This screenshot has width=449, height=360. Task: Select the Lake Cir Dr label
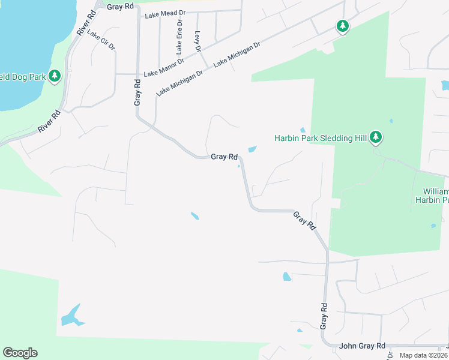pos(101,40)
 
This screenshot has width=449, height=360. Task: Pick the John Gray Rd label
pos(362,346)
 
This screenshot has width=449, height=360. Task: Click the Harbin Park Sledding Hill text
pos(321,138)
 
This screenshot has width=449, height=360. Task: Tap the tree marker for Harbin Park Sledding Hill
pos(376,137)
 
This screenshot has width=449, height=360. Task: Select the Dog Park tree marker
pos(55,76)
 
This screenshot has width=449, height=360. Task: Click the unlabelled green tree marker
pos(342,26)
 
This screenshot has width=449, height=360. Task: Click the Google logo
pos(20,353)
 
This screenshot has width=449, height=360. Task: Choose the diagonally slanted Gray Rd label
pos(304,221)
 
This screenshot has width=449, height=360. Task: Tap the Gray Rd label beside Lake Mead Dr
pos(120,6)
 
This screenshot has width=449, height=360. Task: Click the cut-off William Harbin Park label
pos(431,195)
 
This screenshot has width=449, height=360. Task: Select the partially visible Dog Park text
pos(23,76)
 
